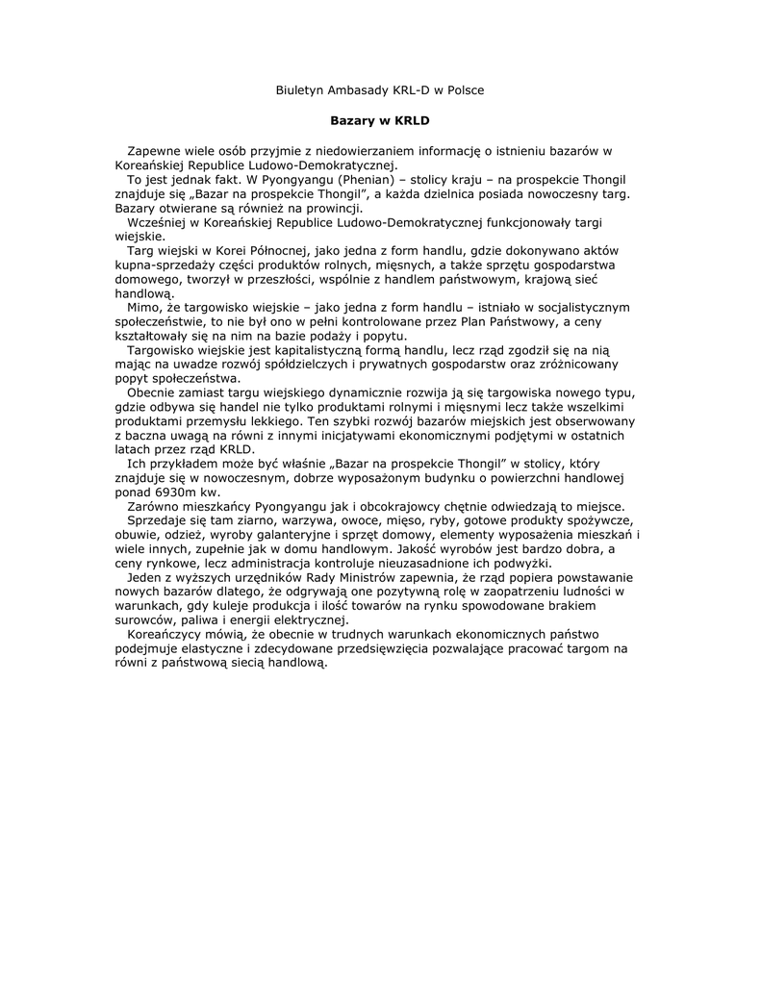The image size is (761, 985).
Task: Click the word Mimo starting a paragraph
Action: click(143, 308)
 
